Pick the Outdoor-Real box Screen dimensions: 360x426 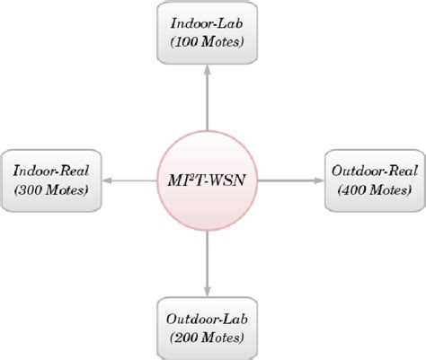[x=368, y=180]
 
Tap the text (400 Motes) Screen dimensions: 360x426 [x=368, y=189]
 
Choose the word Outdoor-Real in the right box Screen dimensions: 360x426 [x=368, y=171]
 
